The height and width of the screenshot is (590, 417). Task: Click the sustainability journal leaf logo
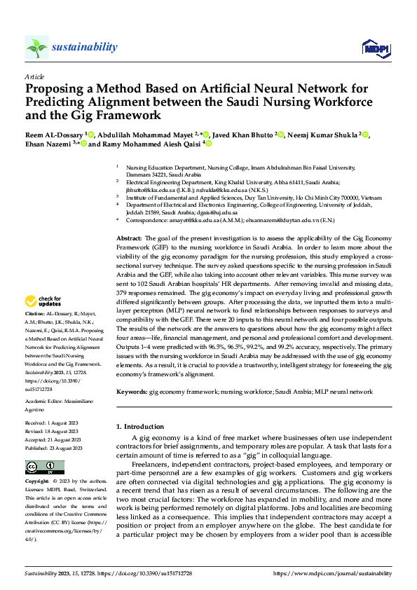[36, 48]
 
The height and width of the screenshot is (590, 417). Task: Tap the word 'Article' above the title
[34, 76]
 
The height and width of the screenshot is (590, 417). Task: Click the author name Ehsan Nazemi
[48, 144]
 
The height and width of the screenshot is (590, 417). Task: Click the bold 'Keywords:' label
[132, 392]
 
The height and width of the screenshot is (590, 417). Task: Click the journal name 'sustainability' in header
[84, 47]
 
